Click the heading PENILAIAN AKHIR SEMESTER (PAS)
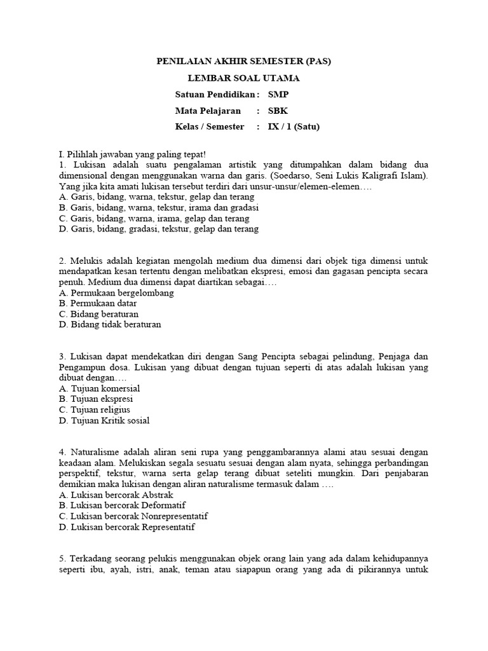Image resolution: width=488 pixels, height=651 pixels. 244,62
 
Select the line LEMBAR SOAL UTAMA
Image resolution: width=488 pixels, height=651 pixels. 244,78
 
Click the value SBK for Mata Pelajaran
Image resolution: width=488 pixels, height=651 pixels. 277,111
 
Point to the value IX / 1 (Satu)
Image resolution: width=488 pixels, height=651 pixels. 294,127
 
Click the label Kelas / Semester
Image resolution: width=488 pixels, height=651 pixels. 210,127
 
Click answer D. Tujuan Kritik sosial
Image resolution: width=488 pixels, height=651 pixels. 104,420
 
